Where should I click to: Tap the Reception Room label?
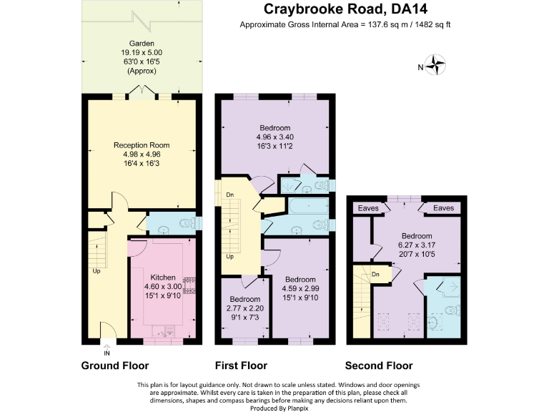pyautogui.click(x=142, y=145)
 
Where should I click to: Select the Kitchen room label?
pyautogui.click(x=164, y=278)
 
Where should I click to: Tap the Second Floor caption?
pyautogui.click(x=380, y=365)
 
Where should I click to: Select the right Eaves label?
pyautogui.click(x=443, y=208)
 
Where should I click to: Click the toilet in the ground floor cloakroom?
pyautogui.click(x=187, y=224)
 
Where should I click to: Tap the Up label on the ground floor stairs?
pyautogui.click(x=96, y=271)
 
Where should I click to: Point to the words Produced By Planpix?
pyautogui.click(x=274, y=407)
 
